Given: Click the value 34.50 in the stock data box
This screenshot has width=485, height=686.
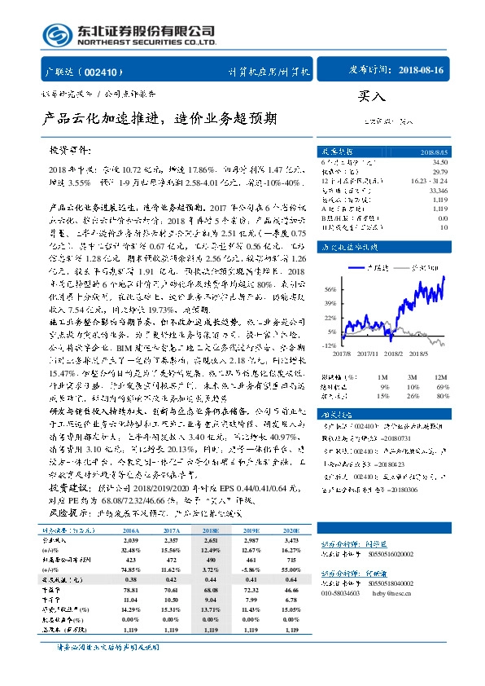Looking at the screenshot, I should [439, 164].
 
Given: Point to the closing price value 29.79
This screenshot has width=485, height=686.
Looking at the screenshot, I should [439, 172].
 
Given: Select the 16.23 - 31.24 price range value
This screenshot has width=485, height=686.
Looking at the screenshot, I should [430, 180].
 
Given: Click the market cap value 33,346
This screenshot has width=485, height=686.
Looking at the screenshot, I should [438, 189].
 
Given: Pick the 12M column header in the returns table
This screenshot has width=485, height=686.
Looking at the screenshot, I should [440, 376].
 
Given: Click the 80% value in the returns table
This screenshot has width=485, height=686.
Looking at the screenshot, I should [441, 396].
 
